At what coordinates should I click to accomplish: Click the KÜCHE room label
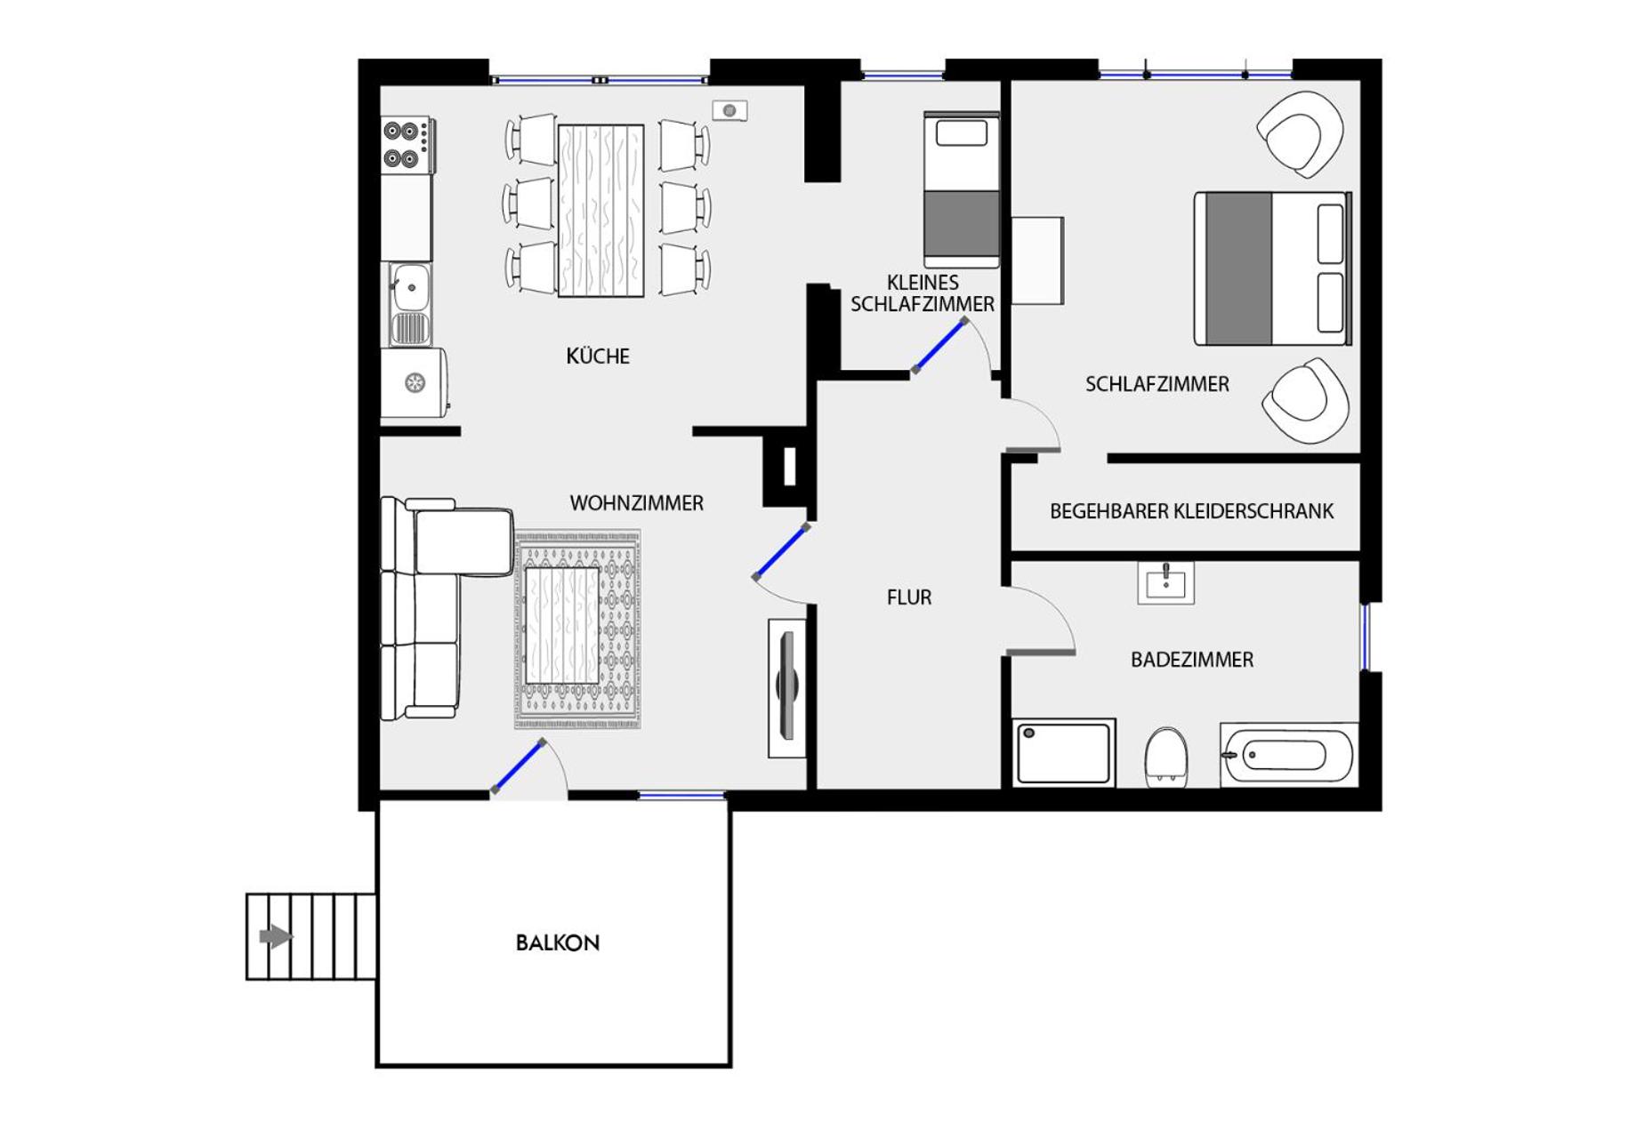click(597, 357)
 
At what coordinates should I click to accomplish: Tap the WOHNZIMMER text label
click(636, 503)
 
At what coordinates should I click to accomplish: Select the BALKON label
click(557, 942)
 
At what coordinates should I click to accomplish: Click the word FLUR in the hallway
click(908, 597)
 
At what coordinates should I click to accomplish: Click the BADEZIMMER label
click(1191, 660)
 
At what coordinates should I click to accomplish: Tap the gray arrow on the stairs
click(275, 936)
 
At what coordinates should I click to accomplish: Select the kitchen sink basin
click(410, 287)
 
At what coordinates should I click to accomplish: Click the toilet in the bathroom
click(1165, 757)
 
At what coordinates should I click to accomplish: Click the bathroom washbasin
click(1165, 583)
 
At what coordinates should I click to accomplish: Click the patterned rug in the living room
click(578, 629)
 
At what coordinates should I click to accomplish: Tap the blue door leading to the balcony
click(518, 765)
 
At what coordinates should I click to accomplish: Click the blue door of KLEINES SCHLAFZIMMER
click(939, 345)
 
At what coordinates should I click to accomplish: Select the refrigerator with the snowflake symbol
click(413, 383)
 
